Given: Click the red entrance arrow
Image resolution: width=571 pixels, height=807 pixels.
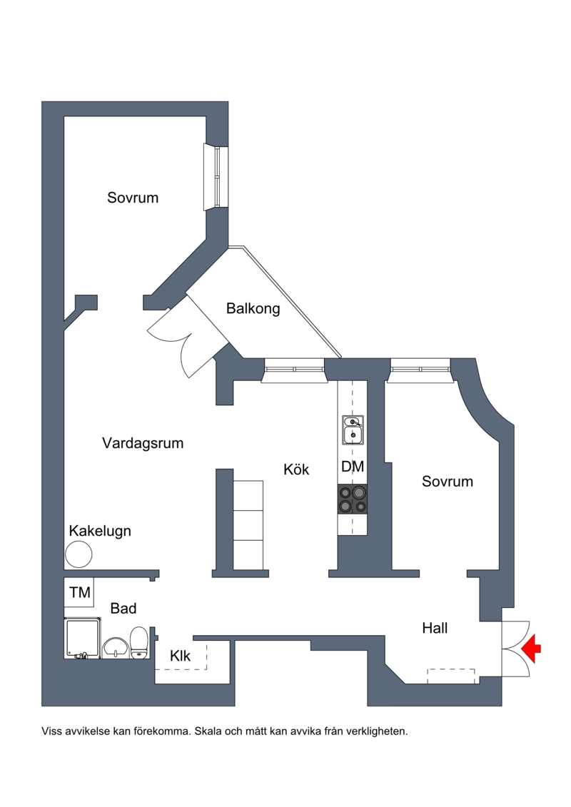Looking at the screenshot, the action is pos(531,648).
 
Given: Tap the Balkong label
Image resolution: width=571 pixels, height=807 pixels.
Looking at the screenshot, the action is pos(253,308).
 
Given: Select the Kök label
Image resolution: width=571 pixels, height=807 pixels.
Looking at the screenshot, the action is pos(297,469).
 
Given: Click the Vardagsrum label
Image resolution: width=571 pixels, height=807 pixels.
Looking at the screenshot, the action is pos(143,443).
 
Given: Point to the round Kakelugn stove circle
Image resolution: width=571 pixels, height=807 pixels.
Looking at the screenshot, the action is pos(79,555).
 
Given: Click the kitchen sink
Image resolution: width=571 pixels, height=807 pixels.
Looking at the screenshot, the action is pos(353,430).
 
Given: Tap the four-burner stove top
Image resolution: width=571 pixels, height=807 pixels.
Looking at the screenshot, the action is pos(353,499).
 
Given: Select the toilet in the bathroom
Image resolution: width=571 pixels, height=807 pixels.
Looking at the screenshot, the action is pos(138,642).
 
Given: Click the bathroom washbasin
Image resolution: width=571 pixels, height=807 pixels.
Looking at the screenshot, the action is pos(116,647).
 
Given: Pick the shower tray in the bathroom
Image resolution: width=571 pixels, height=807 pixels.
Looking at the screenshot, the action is pos(82,638).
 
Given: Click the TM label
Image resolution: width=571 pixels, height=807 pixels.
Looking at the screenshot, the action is pos(80,592).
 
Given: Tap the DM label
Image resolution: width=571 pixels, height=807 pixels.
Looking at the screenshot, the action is pos(353,466).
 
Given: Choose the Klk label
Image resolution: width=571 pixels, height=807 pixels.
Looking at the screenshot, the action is pos(180,655).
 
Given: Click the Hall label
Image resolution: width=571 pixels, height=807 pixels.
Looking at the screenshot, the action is pos(435,628).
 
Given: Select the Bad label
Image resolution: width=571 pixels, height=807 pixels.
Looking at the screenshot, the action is pos(123,609).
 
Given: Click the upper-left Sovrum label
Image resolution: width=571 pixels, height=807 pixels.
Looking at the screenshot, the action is pos(133,198).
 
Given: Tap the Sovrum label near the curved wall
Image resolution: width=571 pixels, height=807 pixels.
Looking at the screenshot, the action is pos(448,481).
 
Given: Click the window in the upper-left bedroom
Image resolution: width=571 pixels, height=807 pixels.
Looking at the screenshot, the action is pos(216,177).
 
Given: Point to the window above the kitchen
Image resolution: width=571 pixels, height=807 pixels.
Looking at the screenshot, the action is pos(295,370).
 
